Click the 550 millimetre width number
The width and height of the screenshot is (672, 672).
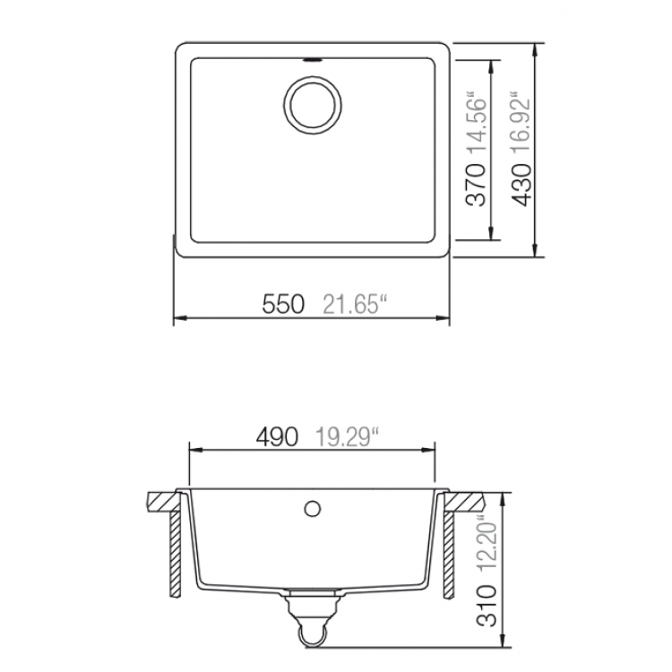pos(284,304)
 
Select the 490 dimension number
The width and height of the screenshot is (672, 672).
pos(278,437)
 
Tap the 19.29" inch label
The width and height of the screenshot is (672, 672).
pos(347,437)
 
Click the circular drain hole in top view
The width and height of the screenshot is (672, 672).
pos(312,105)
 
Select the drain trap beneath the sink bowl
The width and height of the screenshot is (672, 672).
pos(312,620)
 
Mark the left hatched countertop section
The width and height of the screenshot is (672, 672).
pos(161,499)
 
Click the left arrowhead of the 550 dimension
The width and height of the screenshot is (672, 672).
pos(177,318)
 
